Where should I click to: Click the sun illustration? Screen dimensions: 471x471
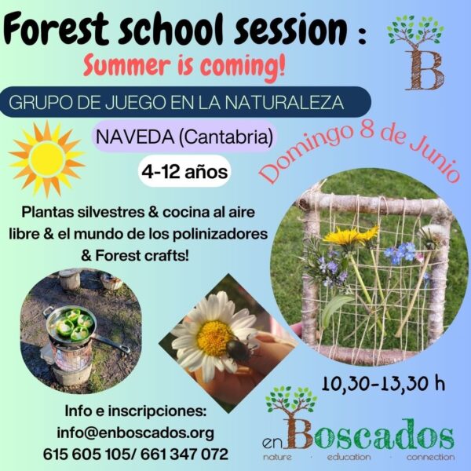tap(47, 159)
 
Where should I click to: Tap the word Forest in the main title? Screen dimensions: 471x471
tap(56, 30)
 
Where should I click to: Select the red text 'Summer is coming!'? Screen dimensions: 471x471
tap(184, 66)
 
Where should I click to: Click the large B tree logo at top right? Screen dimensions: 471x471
tap(416, 53)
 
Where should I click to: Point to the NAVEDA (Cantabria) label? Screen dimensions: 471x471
tap(184, 137)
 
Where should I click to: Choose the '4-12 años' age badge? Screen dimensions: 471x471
tap(184, 172)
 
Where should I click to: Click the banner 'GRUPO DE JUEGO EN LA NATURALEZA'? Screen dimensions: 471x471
tap(185, 102)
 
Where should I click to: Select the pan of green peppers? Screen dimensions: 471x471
tap(71, 324)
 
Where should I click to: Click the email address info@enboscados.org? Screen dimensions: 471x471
tap(136, 433)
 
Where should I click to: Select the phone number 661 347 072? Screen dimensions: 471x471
tap(184, 455)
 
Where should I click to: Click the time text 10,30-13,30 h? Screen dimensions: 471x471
tap(383, 383)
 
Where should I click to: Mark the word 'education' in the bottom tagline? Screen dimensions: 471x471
tap(349, 458)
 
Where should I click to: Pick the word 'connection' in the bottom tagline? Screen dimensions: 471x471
tap(430, 458)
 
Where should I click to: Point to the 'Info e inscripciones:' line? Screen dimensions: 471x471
tap(136, 411)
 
